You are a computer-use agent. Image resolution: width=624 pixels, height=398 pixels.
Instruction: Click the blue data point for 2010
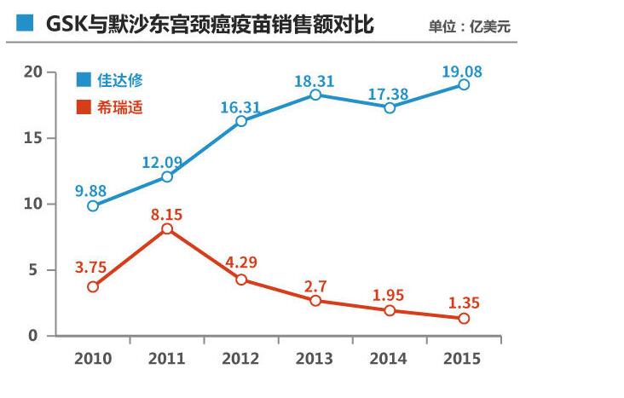click(93, 205)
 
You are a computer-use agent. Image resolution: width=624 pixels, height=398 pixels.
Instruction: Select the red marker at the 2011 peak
click(167, 228)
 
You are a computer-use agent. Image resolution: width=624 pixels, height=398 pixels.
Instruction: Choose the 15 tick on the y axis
click(33, 138)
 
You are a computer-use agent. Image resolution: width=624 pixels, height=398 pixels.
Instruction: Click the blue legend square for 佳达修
click(84, 80)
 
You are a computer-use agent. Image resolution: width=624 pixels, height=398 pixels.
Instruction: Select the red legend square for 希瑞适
click(84, 108)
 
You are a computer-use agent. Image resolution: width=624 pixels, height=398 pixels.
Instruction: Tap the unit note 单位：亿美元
click(470, 26)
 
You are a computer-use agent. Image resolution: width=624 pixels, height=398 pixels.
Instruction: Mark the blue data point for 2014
click(390, 108)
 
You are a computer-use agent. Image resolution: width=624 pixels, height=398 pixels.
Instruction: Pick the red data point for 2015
click(464, 318)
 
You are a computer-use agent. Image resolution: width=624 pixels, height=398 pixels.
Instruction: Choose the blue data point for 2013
click(315, 95)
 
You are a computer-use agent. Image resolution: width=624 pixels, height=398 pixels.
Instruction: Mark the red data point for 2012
click(241, 280)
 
